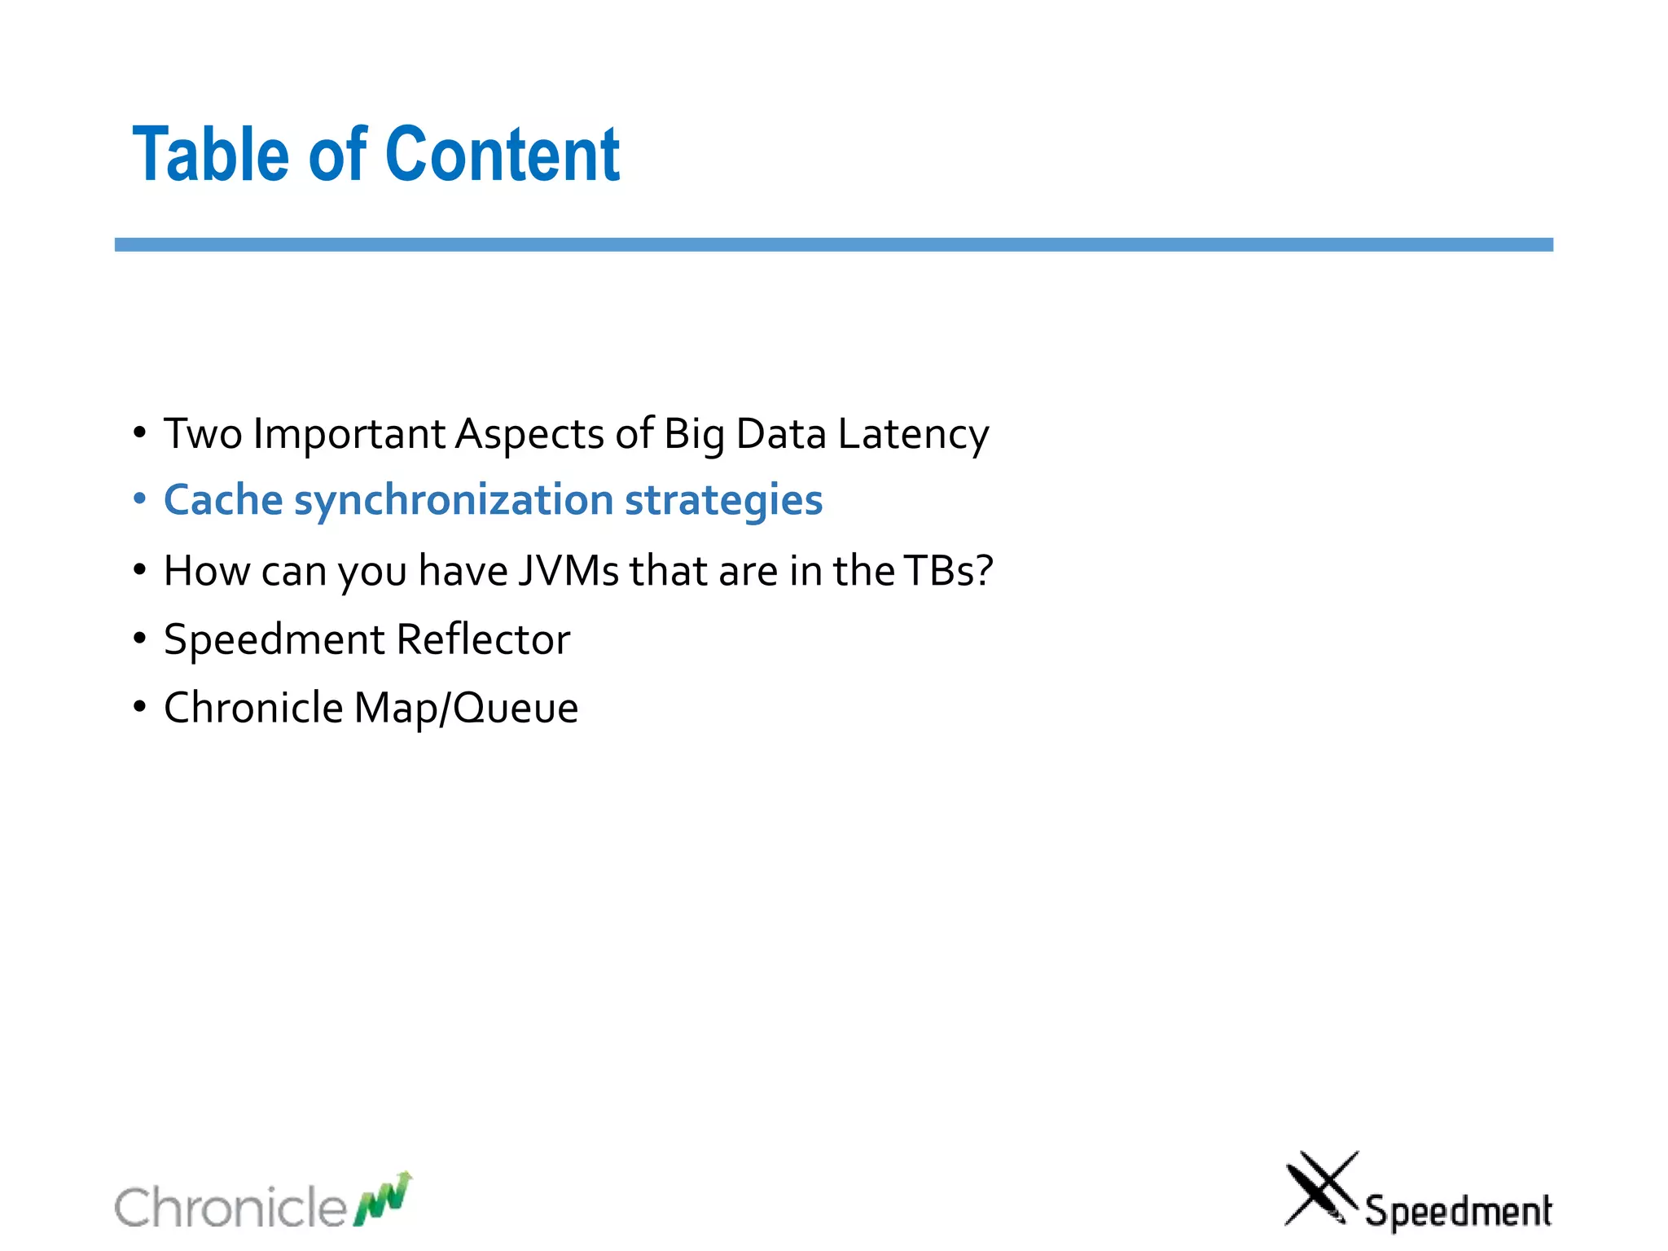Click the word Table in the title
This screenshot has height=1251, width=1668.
point(210,155)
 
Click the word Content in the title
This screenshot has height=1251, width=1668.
point(502,155)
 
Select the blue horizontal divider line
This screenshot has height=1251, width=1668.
point(833,244)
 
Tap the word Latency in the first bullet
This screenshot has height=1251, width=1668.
point(913,434)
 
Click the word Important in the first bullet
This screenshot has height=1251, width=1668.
point(349,434)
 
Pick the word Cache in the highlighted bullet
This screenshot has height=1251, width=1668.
point(223,499)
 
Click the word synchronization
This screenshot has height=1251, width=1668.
point(454,501)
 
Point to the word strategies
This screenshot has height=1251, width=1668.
point(723,501)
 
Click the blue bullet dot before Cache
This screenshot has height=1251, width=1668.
point(140,497)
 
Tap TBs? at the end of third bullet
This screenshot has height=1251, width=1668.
point(948,570)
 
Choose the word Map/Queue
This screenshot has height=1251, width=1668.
point(466,708)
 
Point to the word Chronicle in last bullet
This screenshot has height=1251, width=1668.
point(253,707)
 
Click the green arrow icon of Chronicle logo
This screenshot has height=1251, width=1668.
point(382,1199)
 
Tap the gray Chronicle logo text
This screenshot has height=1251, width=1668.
point(230,1206)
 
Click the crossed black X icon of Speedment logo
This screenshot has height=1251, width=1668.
point(1320,1187)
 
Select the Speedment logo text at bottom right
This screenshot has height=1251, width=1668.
point(1458,1211)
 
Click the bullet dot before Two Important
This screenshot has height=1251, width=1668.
point(140,432)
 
